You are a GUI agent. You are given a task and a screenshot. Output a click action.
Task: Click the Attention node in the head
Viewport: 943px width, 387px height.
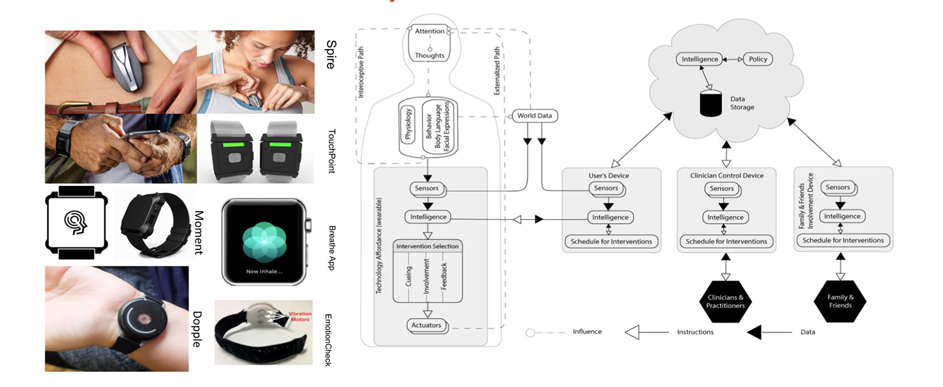click(x=429, y=31)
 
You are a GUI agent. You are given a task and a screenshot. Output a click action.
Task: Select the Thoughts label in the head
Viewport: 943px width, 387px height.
click(x=429, y=55)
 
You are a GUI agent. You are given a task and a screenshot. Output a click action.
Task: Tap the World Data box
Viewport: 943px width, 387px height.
click(x=534, y=116)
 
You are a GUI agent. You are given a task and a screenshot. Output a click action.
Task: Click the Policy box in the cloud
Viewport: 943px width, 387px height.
click(x=758, y=59)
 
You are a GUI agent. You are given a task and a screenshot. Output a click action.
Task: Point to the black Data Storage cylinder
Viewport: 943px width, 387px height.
click(x=711, y=104)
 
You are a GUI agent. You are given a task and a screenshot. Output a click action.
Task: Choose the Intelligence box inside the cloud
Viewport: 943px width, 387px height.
click(x=700, y=59)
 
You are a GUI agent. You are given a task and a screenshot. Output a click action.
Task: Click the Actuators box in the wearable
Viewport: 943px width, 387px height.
click(x=426, y=325)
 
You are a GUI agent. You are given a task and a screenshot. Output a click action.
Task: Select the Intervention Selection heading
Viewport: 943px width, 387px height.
click(x=427, y=246)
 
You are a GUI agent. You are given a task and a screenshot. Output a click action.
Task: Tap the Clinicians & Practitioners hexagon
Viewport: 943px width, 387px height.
click(x=725, y=302)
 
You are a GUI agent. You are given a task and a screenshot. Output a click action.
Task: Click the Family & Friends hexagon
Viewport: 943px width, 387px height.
click(x=841, y=301)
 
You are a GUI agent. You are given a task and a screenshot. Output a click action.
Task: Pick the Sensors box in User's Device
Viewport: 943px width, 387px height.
click(x=606, y=188)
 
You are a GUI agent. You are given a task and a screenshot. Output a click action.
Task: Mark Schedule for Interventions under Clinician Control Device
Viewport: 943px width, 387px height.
click(x=726, y=241)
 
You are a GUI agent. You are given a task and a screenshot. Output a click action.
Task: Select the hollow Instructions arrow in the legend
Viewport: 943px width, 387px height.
click(x=647, y=332)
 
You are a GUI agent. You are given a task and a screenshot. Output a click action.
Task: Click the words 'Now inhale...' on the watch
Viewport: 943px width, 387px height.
click(x=265, y=271)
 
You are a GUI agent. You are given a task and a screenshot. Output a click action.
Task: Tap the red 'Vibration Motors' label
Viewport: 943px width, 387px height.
click(x=300, y=317)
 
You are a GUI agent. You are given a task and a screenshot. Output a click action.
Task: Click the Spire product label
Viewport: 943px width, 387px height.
click(x=331, y=55)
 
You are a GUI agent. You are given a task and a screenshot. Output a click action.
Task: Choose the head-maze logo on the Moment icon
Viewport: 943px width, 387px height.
click(x=76, y=222)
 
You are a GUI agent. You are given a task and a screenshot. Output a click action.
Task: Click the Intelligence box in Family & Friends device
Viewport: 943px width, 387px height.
click(x=842, y=216)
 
